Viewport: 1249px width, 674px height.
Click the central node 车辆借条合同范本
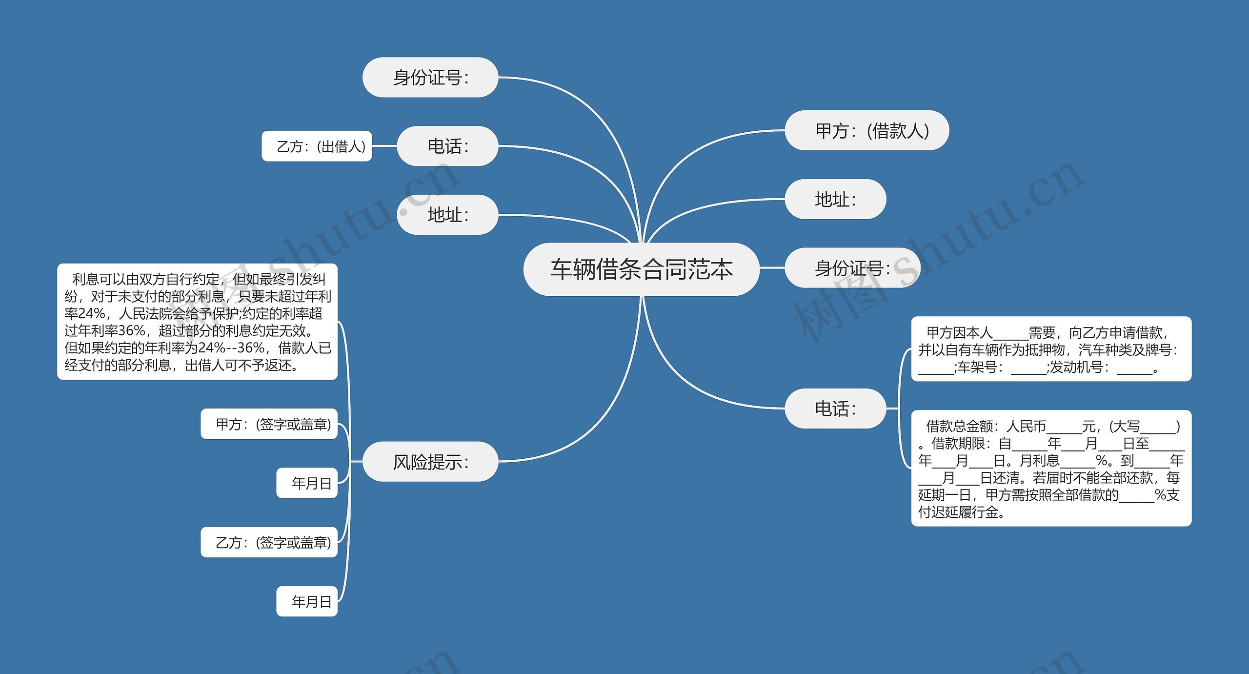point(641,269)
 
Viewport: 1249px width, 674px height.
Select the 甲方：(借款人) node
point(866,130)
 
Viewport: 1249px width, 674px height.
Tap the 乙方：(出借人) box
point(317,146)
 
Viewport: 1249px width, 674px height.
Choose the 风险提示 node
point(430,461)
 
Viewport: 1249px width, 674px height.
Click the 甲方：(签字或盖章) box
point(269,424)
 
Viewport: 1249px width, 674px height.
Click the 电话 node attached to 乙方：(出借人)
point(447,146)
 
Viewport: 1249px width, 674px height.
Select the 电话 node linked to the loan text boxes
point(835,408)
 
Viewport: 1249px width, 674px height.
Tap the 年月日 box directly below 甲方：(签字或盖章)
point(307,483)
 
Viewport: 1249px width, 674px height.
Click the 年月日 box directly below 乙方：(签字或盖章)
point(307,601)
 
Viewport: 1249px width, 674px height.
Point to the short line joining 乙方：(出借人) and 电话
point(384,146)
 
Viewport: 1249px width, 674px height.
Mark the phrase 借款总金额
point(960,426)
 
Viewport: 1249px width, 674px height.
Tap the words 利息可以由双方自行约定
point(145,279)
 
